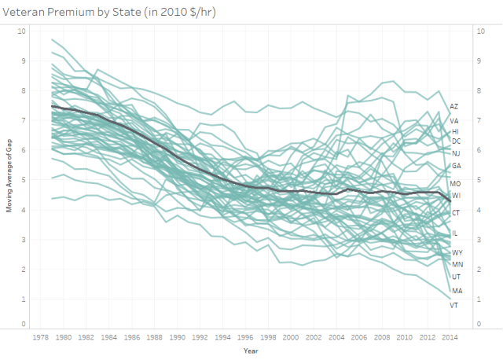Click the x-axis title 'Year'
click(251, 350)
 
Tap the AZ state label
click(454, 106)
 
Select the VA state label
click(454, 121)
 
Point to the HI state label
click(455, 131)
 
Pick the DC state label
click(456, 141)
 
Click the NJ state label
click(456, 153)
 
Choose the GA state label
click(456, 166)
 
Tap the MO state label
click(456, 183)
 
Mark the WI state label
click(456, 195)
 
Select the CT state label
click(456, 213)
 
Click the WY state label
click(457, 252)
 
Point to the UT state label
click(456, 277)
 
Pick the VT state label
click(453, 305)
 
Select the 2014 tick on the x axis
click(449, 337)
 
